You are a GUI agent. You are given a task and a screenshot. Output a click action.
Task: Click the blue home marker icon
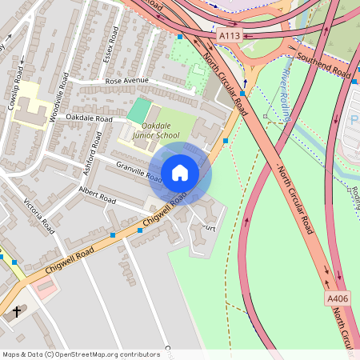(x=180, y=173)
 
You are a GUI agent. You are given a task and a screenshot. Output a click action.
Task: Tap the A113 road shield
(x=230, y=35)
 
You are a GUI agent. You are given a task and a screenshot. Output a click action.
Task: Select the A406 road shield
(x=338, y=298)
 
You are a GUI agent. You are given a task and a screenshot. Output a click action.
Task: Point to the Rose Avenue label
(x=126, y=80)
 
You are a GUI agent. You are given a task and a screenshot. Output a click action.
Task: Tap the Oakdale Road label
(x=90, y=118)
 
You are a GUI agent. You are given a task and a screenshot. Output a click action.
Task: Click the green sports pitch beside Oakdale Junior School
(x=138, y=110)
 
